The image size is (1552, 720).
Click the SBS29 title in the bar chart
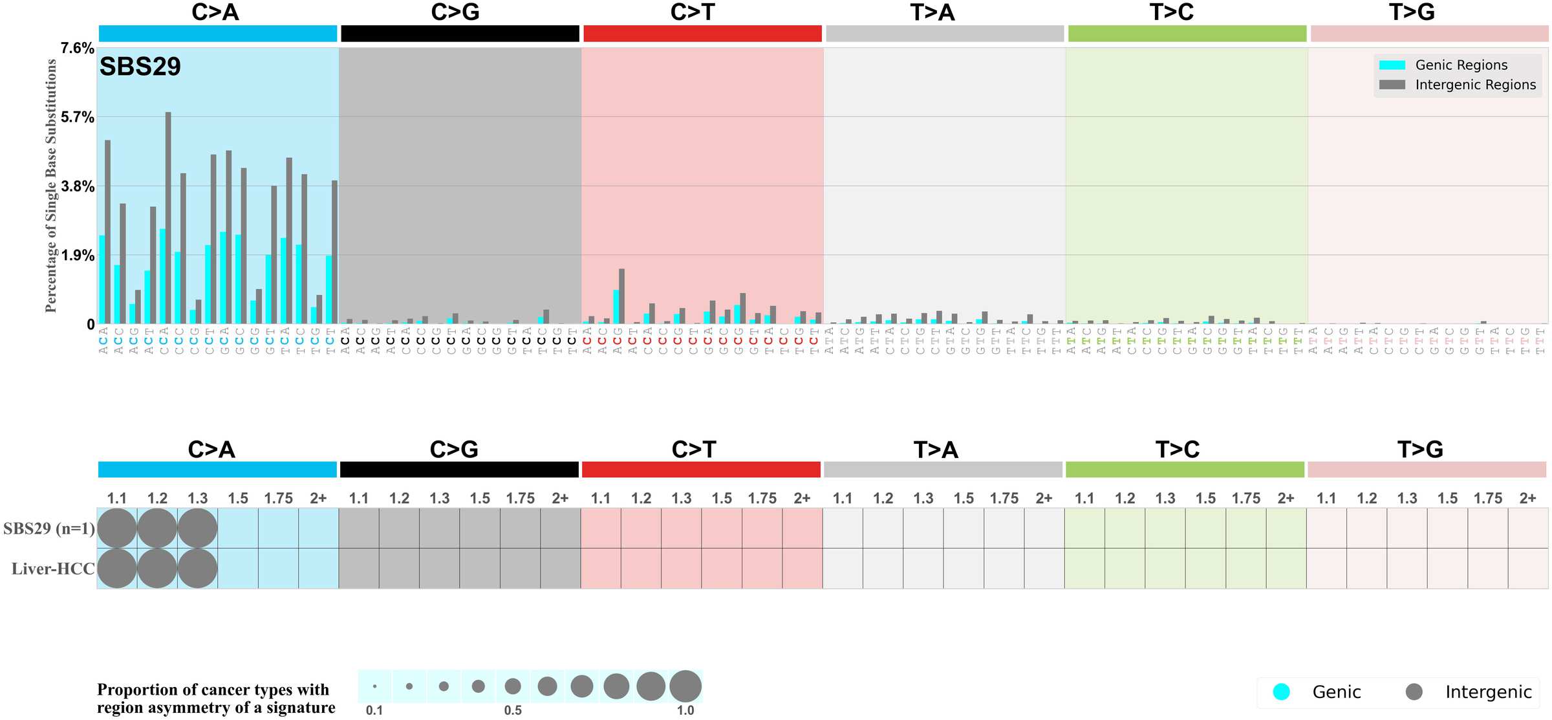(x=140, y=67)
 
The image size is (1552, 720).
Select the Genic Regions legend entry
(x=1460, y=65)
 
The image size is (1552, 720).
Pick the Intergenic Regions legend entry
(x=1474, y=85)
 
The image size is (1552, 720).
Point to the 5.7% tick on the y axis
(x=78, y=117)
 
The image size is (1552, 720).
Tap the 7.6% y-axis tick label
(x=78, y=48)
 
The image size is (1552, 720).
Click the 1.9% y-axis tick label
(x=78, y=256)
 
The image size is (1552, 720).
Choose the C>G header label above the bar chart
(x=455, y=12)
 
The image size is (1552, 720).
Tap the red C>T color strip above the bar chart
(x=702, y=34)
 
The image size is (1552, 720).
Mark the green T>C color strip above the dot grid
(x=1185, y=470)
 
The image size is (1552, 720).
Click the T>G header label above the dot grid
(x=1420, y=449)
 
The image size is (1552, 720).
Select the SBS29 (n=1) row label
(x=49, y=529)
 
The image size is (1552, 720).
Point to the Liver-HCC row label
(x=53, y=569)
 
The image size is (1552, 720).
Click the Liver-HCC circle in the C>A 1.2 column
(x=157, y=569)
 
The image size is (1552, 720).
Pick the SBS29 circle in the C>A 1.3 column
(x=197, y=529)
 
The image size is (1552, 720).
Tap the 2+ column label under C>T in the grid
(x=802, y=498)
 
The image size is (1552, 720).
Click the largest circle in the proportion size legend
(x=685, y=686)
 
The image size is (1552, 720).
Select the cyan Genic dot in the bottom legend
(x=1281, y=692)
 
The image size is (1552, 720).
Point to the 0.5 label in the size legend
(x=513, y=710)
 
